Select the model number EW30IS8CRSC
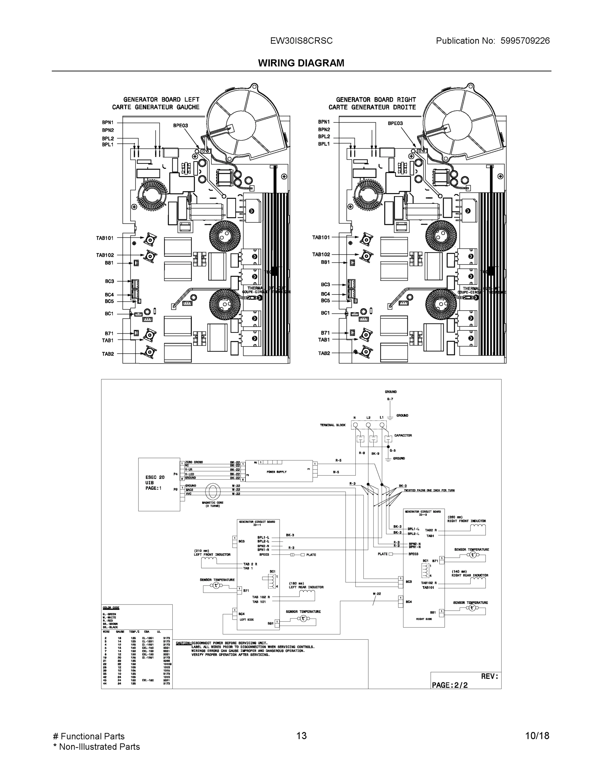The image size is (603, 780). click(x=301, y=41)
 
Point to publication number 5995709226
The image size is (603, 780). click(x=525, y=41)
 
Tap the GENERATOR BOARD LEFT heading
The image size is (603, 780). click(x=161, y=100)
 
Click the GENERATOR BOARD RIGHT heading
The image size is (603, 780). click(x=376, y=100)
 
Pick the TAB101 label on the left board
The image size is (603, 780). click(x=105, y=238)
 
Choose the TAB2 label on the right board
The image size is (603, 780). click(x=324, y=353)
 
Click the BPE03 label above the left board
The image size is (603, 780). click(x=180, y=126)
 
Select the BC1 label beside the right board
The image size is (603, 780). click(x=325, y=313)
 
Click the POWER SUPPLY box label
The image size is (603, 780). click(x=277, y=472)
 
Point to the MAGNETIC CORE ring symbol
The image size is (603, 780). click(x=213, y=492)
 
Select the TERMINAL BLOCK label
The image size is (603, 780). click(x=333, y=425)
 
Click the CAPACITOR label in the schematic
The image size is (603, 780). click(x=403, y=435)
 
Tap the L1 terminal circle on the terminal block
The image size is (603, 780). click(x=382, y=425)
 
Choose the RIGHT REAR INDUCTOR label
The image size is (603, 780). click(x=469, y=575)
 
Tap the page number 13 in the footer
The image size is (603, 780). click(x=301, y=736)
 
